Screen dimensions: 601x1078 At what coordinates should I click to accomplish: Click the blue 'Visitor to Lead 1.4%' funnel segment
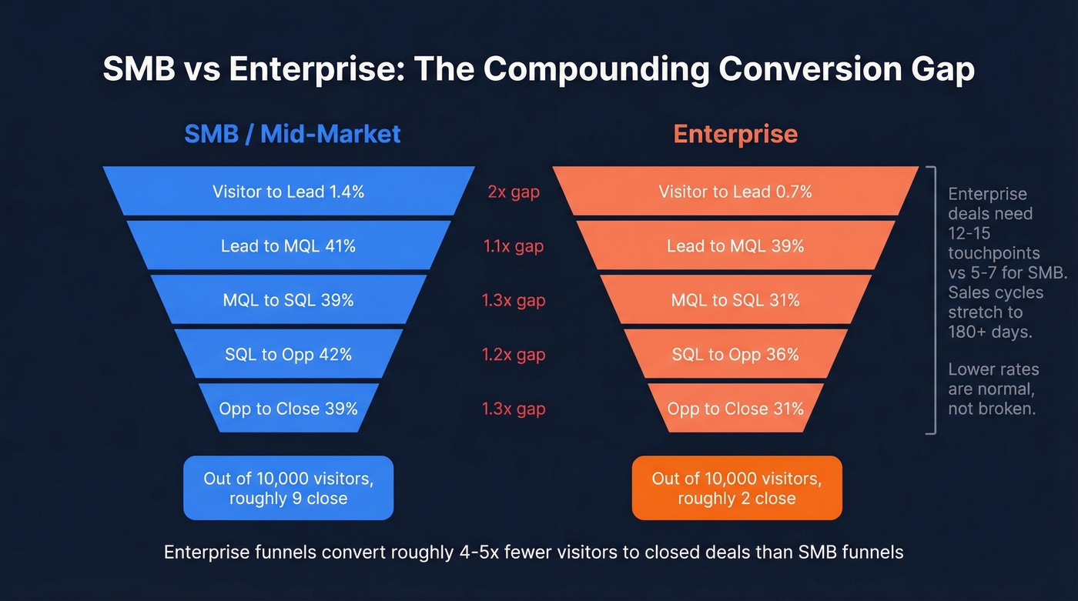click(289, 192)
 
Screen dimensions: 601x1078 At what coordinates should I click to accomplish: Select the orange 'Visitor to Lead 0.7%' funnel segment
click(735, 192)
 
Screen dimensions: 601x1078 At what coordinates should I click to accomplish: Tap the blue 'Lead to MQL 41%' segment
click(289, 246)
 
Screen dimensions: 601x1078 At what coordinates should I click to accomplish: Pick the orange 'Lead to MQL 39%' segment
click(735, 246)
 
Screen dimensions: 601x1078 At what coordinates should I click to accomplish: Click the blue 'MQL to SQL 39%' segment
click(289, 300)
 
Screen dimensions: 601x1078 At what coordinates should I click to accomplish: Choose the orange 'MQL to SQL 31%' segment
click(735, 300)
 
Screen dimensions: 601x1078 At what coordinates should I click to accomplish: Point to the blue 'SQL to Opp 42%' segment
click(289, 355)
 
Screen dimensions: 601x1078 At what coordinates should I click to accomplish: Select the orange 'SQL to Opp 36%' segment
click(735, 355)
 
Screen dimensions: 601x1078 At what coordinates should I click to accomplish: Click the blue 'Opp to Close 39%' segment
click(289, 409)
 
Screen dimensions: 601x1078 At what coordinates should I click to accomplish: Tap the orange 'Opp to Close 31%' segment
click(735, 409)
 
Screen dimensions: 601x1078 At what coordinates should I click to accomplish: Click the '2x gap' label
click(514, 192)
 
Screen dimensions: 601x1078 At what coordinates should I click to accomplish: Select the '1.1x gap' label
click(514, 246)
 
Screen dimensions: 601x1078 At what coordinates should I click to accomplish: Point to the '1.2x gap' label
click(514, 355)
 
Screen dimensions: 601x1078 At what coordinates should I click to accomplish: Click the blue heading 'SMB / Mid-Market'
click(293, 134)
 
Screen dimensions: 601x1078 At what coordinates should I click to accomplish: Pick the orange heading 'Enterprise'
click(735, 134)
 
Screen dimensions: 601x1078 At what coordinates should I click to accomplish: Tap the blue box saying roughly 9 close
click(289, 488)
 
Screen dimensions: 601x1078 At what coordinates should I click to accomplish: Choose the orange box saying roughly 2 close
click(737, 488)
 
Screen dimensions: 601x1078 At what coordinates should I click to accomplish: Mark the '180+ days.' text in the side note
click(989, 332)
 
